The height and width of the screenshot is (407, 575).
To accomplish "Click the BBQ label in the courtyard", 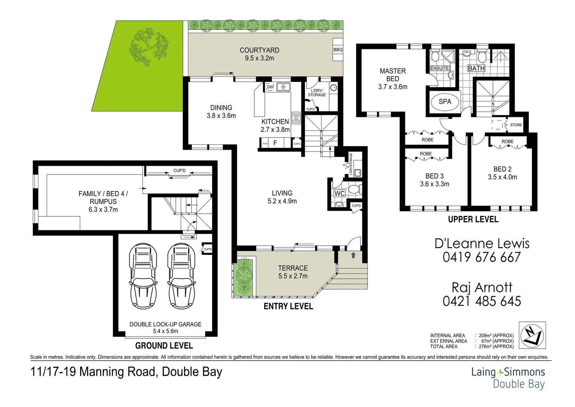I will click(338, 50).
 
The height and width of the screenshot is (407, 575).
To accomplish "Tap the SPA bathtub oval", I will click(445, 102).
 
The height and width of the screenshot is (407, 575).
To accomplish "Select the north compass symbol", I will click(532, 335).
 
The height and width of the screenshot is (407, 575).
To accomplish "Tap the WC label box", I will click(339, 193).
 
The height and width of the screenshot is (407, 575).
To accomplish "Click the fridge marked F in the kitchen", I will click(275, 143).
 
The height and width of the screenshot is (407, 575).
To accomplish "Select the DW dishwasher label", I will click(270, 87).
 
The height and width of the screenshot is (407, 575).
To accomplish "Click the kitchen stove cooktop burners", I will click(296, 118).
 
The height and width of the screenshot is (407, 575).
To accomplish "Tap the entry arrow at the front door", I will click(353, 256).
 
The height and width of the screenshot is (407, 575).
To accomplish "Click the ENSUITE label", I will click(440, 68).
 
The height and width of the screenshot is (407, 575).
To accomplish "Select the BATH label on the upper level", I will click(476, 68).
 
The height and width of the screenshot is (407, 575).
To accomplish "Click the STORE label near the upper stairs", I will click(516, 125).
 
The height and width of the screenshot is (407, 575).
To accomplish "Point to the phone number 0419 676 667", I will click(482, 257).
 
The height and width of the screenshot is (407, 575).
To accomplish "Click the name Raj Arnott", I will click(482, 288).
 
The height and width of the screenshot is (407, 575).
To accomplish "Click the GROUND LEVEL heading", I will click(164, 346).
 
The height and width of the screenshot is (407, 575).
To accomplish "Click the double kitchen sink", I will click(283, 87).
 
